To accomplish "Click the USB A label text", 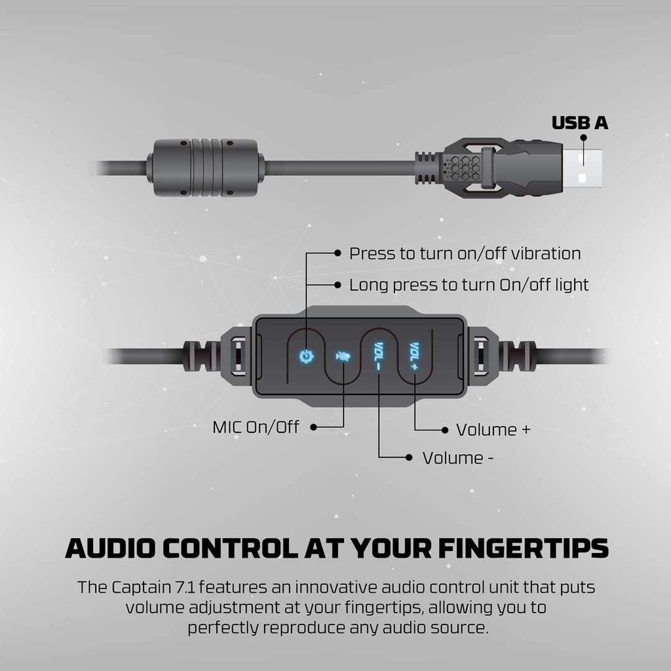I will click(579, 123).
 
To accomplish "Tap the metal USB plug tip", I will click(582, 167).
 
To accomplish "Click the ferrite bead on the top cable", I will click(205, 167).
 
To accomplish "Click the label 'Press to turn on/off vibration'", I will click(465, 254).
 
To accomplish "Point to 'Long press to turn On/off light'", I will click(469, 285).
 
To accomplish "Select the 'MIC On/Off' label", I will click(256, 427).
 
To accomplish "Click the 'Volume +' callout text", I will click(493, 430).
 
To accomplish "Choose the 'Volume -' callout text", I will click(458, 458).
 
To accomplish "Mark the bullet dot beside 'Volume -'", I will click(410, 457).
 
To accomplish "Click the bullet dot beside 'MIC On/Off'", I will click(313, 427).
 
